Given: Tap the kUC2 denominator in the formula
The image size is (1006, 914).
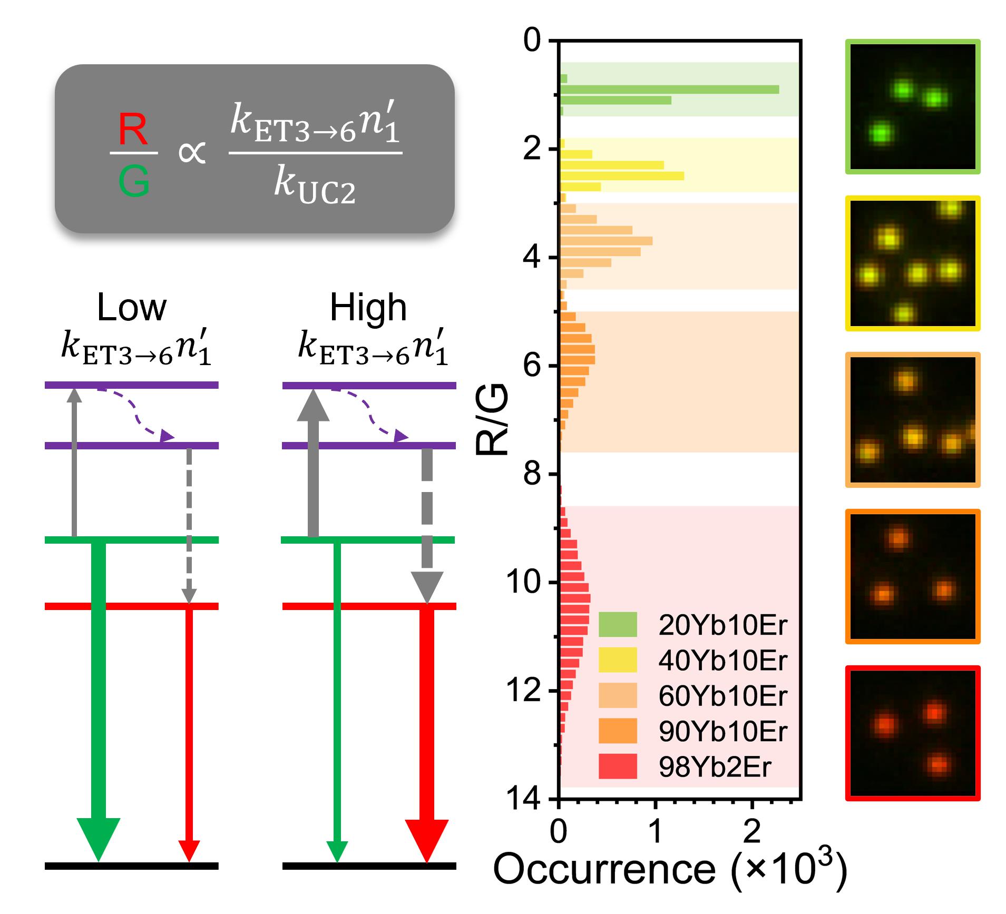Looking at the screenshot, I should [x=315, y=186].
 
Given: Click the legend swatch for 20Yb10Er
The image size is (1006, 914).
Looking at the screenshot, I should [x=618, y=625].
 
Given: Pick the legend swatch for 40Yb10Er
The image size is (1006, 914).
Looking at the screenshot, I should [x=618, y=660].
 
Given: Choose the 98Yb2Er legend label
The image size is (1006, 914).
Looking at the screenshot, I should [x=715, y=766].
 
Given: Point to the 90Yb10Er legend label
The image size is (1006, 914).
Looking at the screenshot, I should [x=722, y=731].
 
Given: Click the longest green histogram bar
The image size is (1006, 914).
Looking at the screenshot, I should [x=669, y=90].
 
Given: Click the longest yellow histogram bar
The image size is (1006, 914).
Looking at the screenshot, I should [x=622, y=176].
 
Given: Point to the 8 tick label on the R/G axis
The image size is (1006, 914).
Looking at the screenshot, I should [x=532, y=474].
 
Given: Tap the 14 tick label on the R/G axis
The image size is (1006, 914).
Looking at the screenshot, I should [x=523, y=799].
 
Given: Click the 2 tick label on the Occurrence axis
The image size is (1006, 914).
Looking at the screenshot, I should [x=751, y=831].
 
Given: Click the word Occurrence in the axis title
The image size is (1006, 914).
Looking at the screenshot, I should [x=604, y=870].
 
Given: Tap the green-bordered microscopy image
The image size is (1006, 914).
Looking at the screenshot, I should [x=913, y=106].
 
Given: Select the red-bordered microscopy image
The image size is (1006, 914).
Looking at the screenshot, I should [x=913, y=733].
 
